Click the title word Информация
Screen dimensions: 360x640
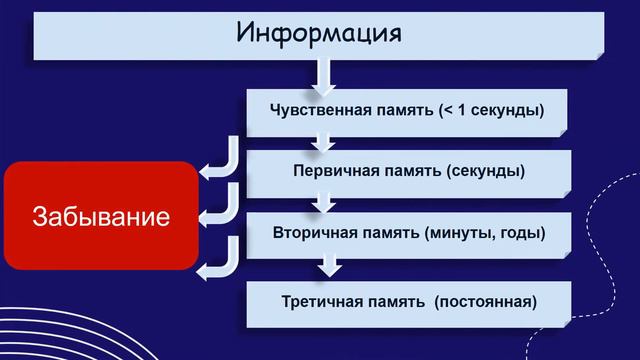[319, 32]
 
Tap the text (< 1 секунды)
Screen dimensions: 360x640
[492, 109]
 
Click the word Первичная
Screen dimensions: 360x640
[334, 171]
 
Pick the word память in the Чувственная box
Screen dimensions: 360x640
[400, 109]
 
